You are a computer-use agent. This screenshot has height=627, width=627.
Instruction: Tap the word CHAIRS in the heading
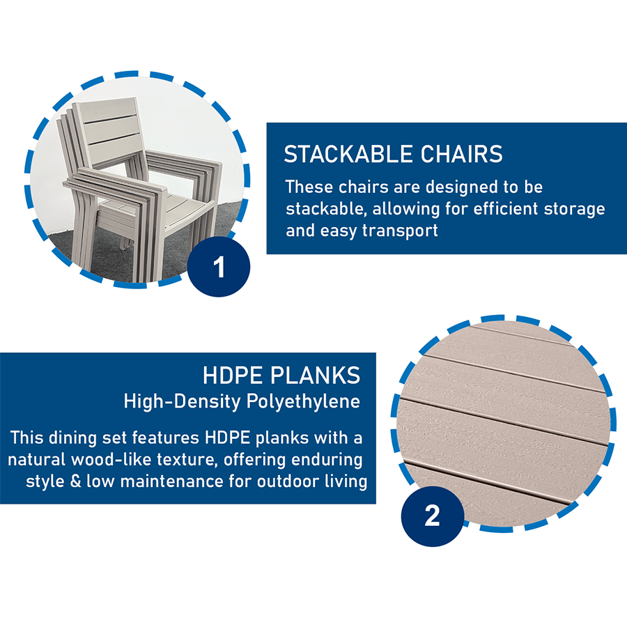[456, 154]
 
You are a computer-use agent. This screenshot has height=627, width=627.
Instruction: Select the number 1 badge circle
[219, 266]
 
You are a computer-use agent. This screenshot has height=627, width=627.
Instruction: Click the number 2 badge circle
[432, 516]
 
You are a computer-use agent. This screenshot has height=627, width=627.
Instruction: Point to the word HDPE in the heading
[233, 376]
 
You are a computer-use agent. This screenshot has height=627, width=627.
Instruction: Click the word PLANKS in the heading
[316, 376]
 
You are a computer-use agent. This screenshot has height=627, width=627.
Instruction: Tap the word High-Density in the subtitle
[183, 402]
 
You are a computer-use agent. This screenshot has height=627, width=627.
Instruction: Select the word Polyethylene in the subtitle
[304, 402]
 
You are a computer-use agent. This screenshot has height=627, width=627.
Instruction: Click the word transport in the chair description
[400, 231]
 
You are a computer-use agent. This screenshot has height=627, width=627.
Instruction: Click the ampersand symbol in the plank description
[75, 481]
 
